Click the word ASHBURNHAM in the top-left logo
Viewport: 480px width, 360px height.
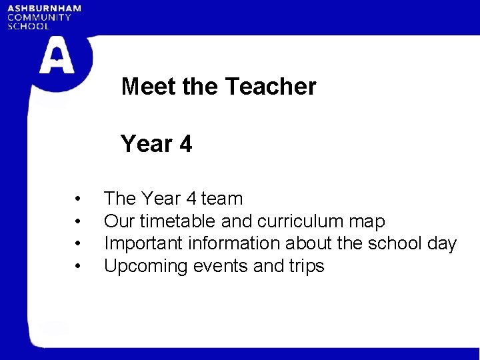coord(44,9)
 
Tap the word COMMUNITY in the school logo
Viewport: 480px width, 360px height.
coord(39,17)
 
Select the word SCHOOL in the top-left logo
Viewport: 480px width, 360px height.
coord(28,26)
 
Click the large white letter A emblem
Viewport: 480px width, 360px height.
coord(57,56)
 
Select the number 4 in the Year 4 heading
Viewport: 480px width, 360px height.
coord(185,144)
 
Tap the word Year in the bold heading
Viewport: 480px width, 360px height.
coord(145,144)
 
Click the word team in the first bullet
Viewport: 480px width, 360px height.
coord(222,199)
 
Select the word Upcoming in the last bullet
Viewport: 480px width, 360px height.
coord(146,267)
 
